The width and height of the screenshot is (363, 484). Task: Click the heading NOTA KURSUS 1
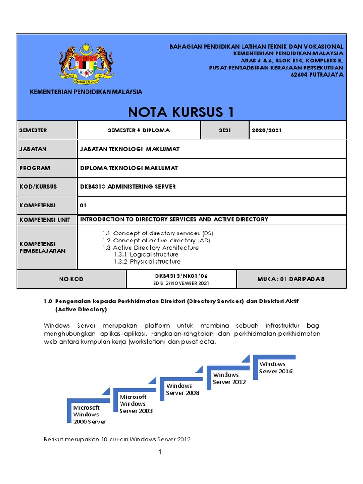coord(181,112)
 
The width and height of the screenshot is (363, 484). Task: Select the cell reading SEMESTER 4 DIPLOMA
coord(138,130)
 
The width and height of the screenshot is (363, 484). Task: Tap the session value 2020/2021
coord(267,130)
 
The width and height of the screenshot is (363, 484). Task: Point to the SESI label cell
coord(225,130)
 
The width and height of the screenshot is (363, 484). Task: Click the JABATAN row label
coord(34,149)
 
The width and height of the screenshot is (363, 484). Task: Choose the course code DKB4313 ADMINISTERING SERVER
coord(128,187)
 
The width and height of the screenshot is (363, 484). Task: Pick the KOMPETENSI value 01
coord(84,206)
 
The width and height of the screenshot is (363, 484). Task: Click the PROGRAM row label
coord(35,168)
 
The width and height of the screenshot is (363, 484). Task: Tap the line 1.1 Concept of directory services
coord(158,233)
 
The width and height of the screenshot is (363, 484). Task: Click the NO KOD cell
coord(71,279)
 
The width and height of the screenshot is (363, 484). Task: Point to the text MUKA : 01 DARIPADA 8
coord(291,279)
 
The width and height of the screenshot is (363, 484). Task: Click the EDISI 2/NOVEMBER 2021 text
coord(181,283)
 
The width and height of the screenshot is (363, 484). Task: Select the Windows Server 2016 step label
coord(276,368)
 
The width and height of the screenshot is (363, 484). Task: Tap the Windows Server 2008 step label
coord(182,389)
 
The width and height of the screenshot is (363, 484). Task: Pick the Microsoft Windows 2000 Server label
coord(89,415)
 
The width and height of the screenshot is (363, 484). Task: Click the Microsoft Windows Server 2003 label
coord(136,404)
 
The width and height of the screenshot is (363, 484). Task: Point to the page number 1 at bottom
coord(160,452)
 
